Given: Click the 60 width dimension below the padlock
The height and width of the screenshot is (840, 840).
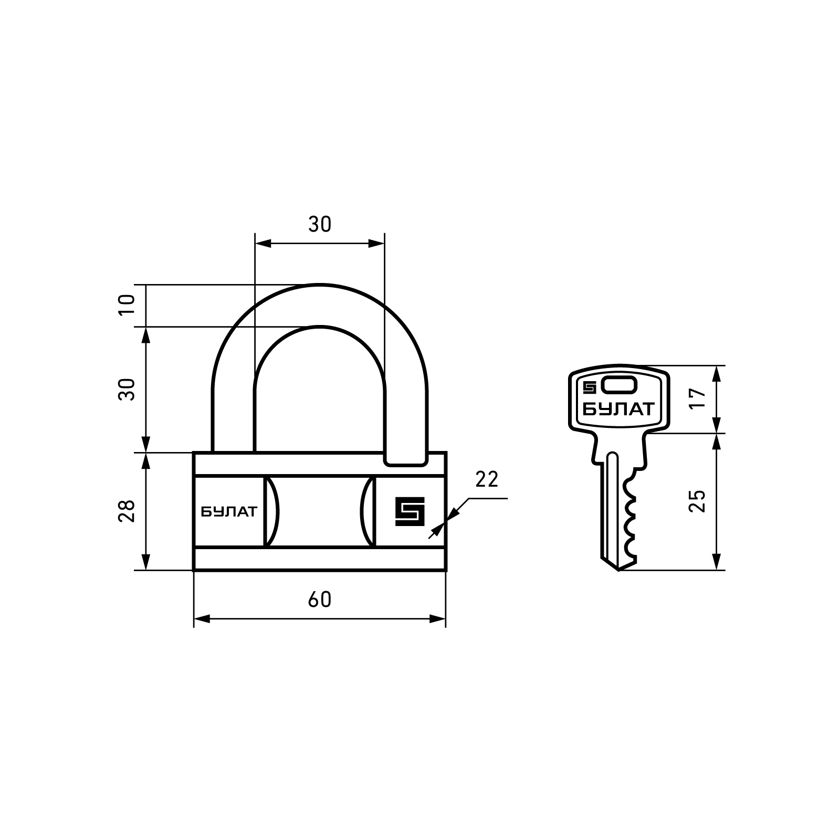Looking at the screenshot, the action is tap(320, 600).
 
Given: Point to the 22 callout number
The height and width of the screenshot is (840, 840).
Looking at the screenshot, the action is tap(487, 479).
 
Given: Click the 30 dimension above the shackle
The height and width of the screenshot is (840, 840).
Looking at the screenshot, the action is tap(320, 225).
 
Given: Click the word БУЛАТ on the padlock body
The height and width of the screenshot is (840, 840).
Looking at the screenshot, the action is tap(229, 511).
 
